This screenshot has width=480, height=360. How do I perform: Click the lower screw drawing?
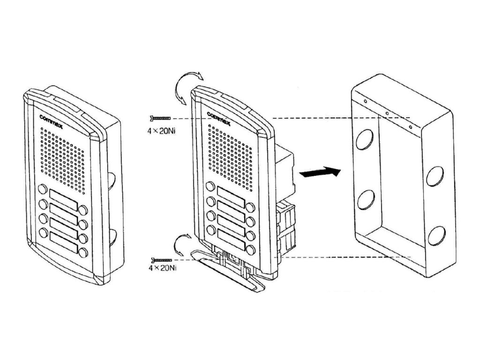pos(162,259)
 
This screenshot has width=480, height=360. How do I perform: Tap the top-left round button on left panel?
pos(42,190)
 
